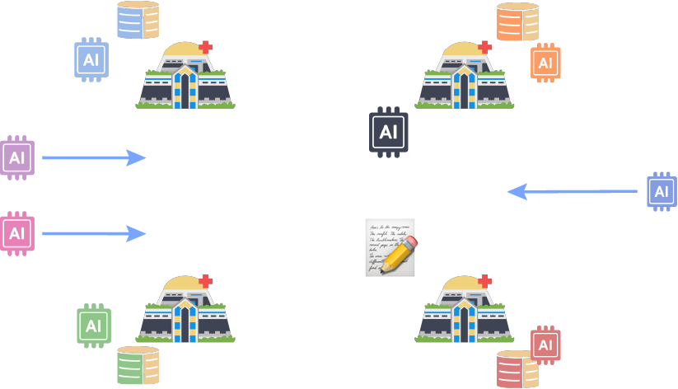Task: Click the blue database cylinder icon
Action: (138, 21)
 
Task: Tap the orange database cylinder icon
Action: (517, 22)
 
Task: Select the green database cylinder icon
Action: (138, 366)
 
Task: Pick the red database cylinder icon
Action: (517, 368)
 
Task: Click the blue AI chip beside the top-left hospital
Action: (91, 60)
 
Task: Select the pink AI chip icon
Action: (16, 233)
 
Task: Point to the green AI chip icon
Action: (93, 326)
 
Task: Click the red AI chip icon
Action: (545, 344)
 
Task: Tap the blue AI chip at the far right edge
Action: (662, 191)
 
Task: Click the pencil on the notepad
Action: (400, 255)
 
